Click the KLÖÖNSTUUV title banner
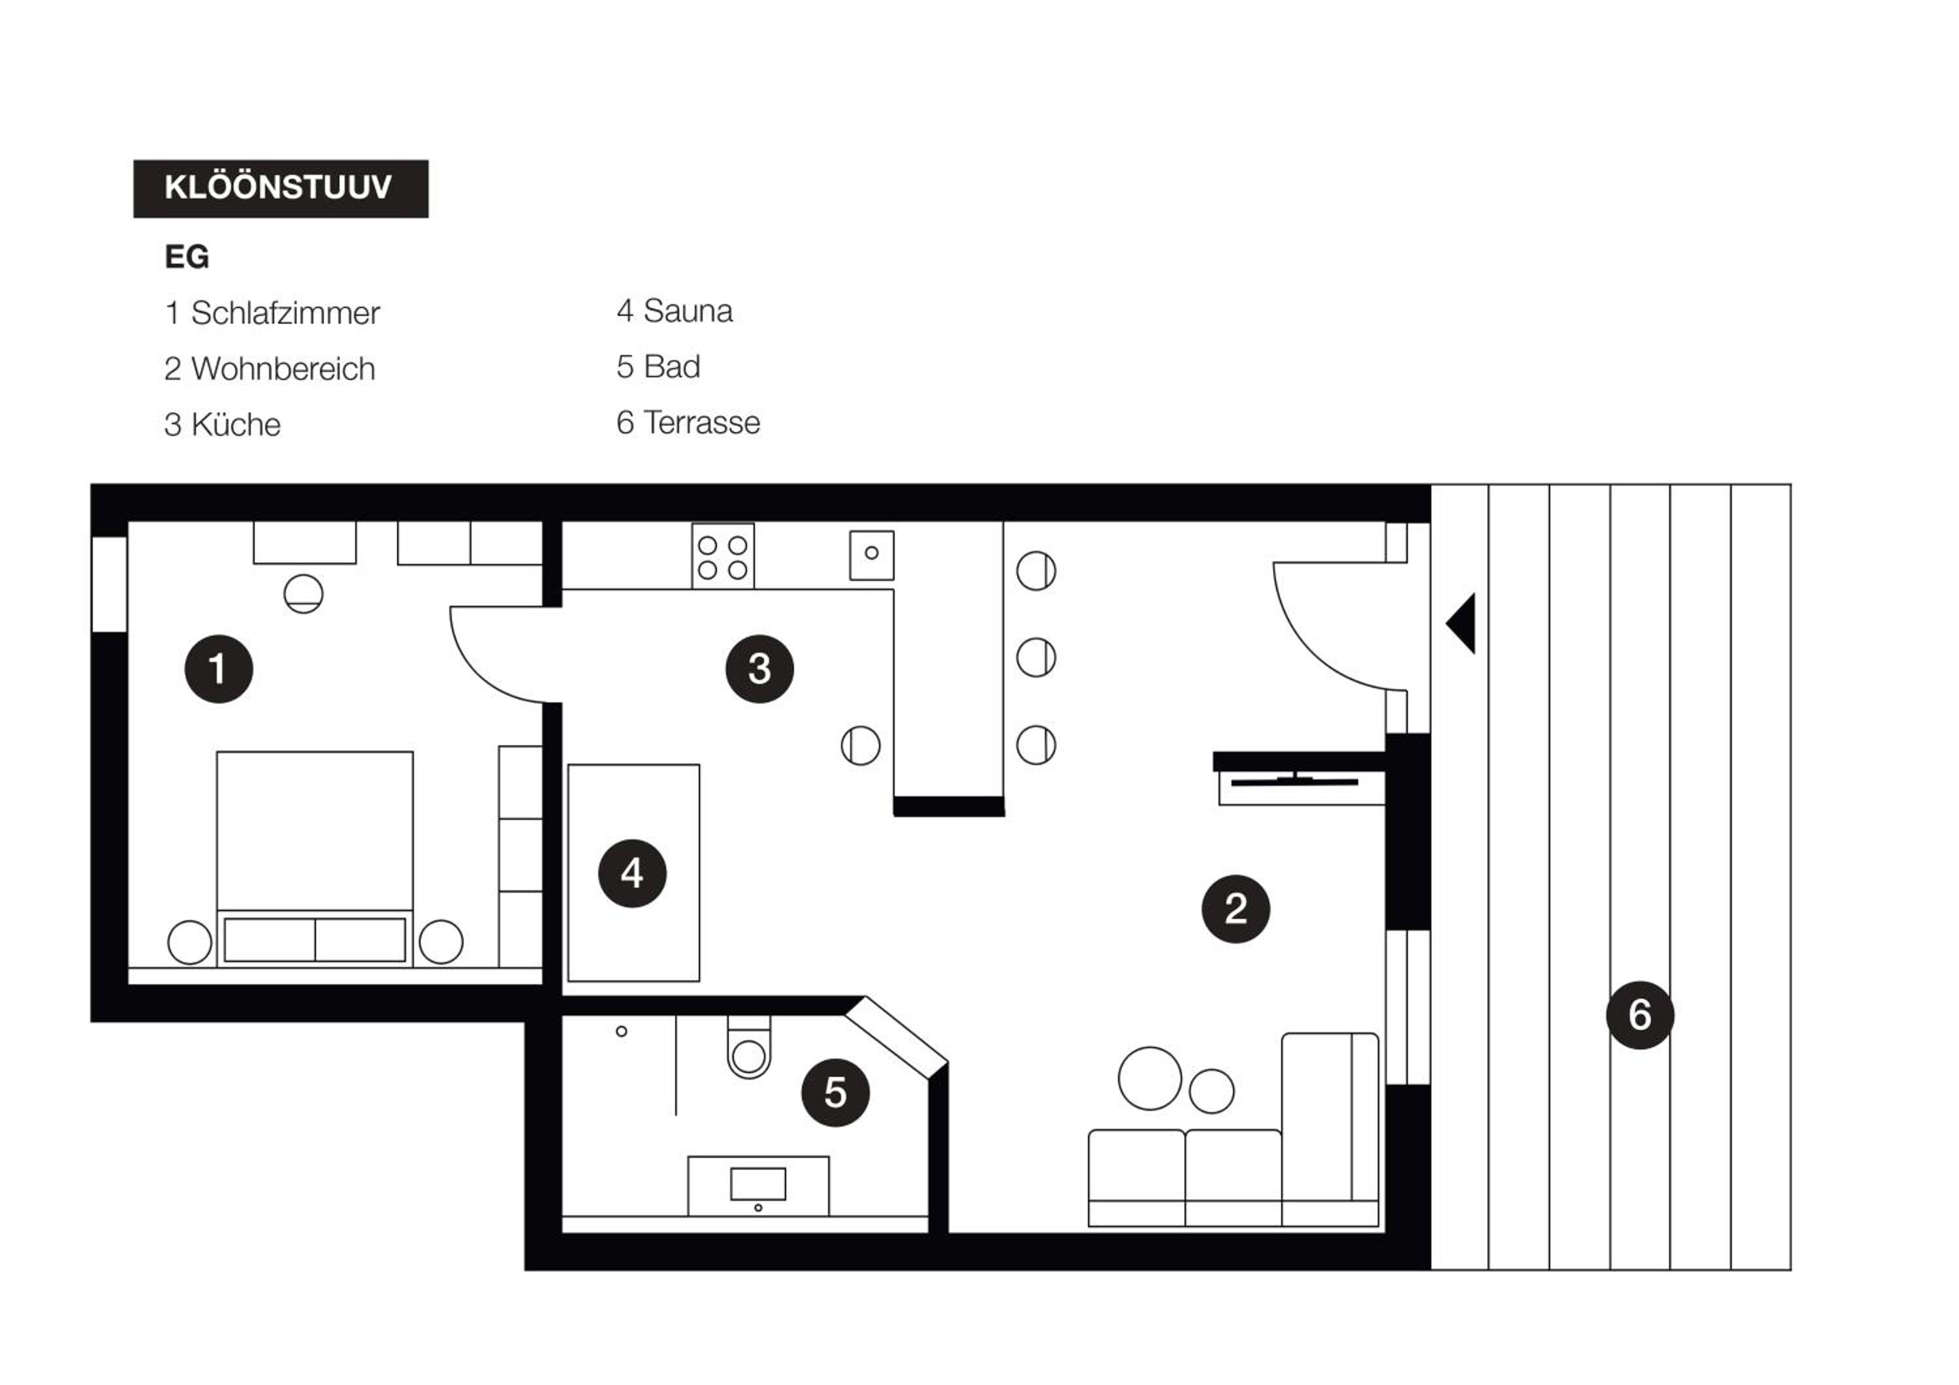[281, 189]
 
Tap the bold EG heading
[187, 257]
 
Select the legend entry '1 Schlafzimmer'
[272, 313]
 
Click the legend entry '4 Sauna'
[674, 311]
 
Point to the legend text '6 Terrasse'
[688, 422]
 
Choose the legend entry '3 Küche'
[222, 424]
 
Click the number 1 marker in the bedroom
[218, 668]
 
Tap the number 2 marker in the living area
[1235, 909]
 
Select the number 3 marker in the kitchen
[759, 668]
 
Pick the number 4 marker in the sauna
[632, 873]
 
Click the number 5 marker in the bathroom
[835, 1093]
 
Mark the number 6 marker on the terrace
[1640, 1015]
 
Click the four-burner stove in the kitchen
[723, 556]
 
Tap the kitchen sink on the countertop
[872, 555]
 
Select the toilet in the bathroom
[749, 1048]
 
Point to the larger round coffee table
[1150, 1079]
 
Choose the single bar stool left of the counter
[860, 745]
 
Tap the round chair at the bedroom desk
[304, 593]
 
